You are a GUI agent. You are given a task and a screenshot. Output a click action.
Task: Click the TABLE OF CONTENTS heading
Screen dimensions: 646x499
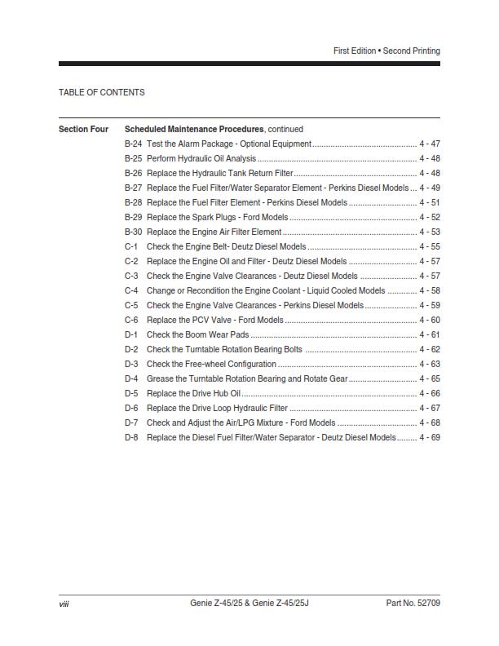[x=102, y=92]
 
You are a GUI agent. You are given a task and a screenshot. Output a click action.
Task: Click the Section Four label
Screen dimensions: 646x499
[x=83, y=129]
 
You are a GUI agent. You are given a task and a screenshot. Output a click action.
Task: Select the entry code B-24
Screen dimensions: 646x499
[x=133, y=144]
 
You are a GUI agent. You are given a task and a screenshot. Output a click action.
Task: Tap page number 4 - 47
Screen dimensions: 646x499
[x=430, y=144]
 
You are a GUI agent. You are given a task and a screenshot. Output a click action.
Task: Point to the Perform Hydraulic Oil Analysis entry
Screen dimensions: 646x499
[x=201, y=158]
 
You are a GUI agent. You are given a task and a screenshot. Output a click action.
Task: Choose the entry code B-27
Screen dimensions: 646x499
[x=133, y=188]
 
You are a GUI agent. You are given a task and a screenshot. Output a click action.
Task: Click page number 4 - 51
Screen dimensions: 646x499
[x=430, y=202]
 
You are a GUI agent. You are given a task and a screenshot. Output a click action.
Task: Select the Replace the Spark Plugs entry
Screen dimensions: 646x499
[x=217, y=217]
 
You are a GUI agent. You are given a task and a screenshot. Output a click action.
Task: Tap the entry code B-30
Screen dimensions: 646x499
[x=133, y=232]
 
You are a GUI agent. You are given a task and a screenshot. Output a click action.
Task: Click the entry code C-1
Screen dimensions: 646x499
[x=131, y=246]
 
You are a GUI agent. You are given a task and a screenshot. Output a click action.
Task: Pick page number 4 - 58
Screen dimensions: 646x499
[x=430, y=290]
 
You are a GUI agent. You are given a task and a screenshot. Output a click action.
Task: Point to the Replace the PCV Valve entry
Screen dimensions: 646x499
[x=214, y=320]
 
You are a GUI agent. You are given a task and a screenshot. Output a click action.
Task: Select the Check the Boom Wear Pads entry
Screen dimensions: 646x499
[x=197, y=334]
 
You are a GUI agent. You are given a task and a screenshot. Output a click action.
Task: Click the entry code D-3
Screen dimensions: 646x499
[x=131, y=364]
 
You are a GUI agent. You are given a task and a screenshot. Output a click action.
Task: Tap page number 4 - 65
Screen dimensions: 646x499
[x=430, y=378]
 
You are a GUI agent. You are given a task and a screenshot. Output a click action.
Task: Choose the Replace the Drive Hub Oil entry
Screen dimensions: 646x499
[x=193, y=393]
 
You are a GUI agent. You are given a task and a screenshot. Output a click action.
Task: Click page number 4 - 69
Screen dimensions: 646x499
[x=430, y=437]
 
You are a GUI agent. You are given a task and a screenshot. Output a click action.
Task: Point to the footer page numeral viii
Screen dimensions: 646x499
[x=64, y=604]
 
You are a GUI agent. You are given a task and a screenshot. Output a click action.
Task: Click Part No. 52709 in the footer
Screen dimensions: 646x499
[x=413, y=604]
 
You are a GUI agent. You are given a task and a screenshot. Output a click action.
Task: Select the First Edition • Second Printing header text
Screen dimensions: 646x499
[x=386, y=51]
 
